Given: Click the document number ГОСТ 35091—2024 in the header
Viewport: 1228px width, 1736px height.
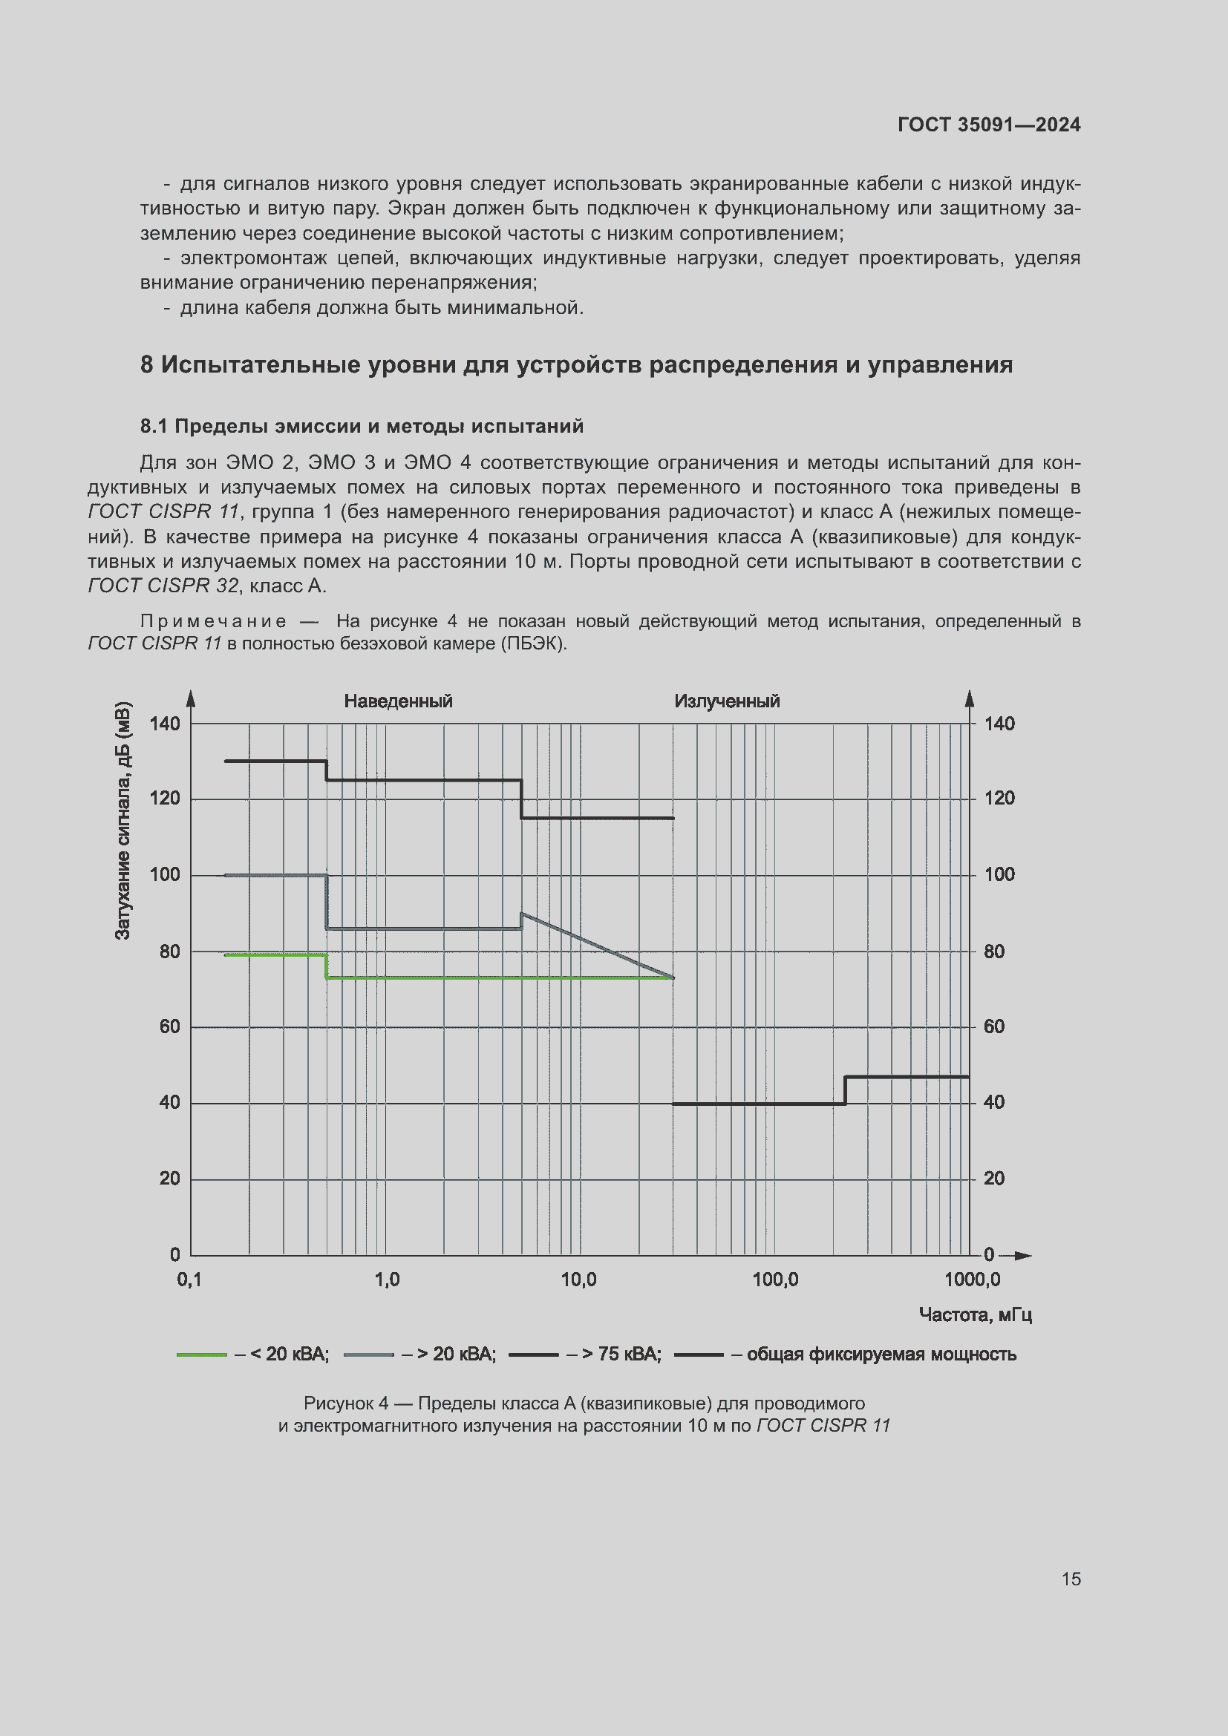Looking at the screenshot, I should pyautogui.click(x=988, y=125).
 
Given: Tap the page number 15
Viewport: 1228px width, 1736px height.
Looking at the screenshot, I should pyautogui.click(x=1071, y=1579).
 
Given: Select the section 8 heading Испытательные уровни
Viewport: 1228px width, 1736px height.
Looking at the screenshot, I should pyautogui.click(x=576, y=364).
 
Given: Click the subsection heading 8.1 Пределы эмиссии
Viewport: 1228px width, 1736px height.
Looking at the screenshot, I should pyautogui.click(x=362, y=427).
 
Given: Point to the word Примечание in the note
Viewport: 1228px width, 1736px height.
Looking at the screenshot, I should pyautogui.click(x=213, y=621).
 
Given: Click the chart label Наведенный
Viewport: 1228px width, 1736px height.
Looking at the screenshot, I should pyautogui.click(x=398, y=701).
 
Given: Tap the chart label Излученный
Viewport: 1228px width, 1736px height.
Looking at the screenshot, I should pyautogui.click(x=727, y=701).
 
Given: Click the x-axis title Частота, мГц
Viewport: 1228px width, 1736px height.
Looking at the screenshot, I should pyautogui.click(x=976, y=1315).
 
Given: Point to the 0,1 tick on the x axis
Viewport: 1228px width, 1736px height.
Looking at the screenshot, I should pyautogui.click(x=189, y=1280).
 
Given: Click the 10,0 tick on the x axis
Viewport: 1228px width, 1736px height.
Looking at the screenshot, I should pyautogui.click(x=578, y=1280).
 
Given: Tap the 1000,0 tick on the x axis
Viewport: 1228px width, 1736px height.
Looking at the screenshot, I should pyautogui.click(x=972, y=1280).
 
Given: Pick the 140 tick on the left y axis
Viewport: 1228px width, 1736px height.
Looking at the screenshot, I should pyautogui.click(x=165, y=724).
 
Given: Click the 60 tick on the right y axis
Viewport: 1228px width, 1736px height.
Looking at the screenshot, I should pyautogui.click(x=994, y=1026).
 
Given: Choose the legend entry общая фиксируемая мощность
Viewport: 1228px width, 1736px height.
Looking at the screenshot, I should pyautogui.click(x=881, y=1355).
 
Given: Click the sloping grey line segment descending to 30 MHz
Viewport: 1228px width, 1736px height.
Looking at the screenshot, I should pyautogui.click(x=598, y=946).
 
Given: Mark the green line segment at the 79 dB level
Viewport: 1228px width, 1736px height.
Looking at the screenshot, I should pyautogui.click(x=276, y=955).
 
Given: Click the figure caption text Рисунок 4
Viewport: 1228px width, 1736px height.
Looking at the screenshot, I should pyautogui.click(x=345, y=1403).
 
